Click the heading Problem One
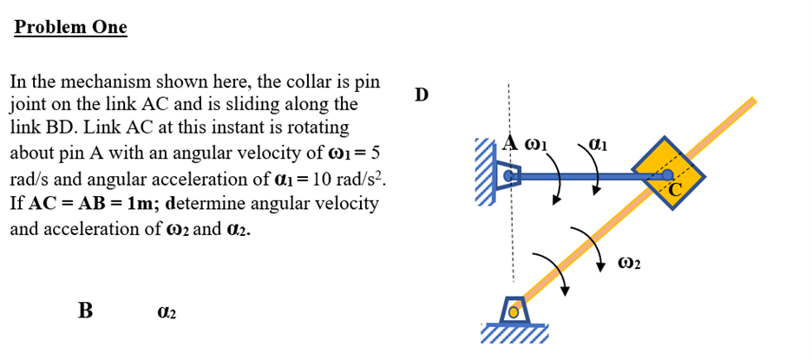71,27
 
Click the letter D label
422,94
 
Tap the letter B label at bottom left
85,310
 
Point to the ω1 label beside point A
539,141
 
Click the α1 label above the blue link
599,141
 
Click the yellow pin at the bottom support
514,310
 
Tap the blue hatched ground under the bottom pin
515,335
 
